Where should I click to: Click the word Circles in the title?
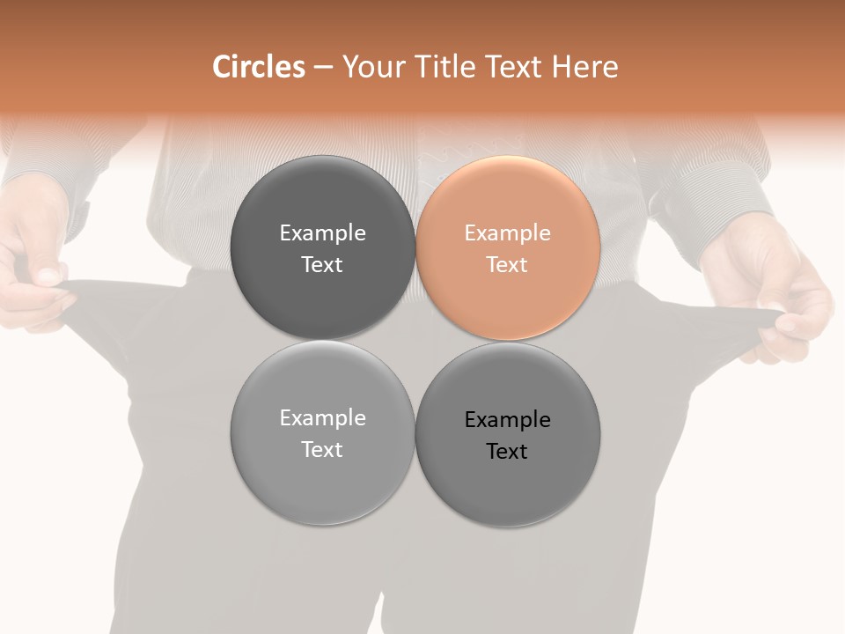click(259, 67)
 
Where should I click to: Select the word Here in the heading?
click(584, 67)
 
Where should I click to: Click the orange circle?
click(508, 248)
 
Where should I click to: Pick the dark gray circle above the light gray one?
click(322, 248)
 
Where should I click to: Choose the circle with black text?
click(508, 435)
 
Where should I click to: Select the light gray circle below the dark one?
click(322, 433)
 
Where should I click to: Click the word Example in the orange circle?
click(508, 233)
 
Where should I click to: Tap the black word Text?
click(507, 452)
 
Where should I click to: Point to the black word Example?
click(508, 420)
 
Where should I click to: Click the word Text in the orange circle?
click(507, 265)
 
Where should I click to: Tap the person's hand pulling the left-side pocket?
click(35, 264)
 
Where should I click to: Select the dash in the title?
click(323, 67)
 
